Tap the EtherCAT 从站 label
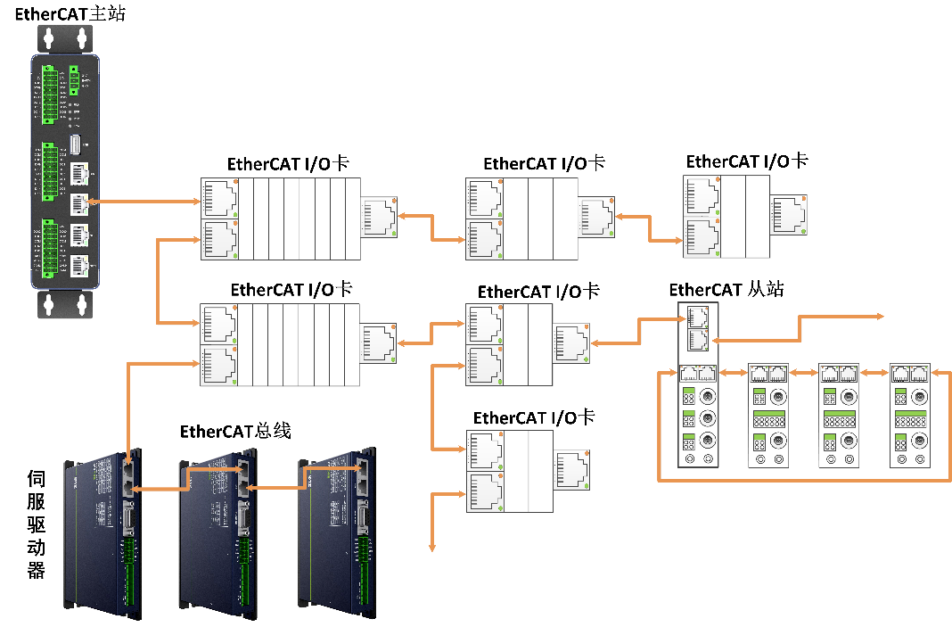(726, 290)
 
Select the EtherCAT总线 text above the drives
(235, 432)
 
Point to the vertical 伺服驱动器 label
(36, 524)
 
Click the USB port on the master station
(77, 145)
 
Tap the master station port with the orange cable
(78, 202)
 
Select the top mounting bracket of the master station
(65, 38)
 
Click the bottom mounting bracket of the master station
(65, 304)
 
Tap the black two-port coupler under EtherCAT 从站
(694, 327)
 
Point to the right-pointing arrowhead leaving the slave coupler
(879, 317)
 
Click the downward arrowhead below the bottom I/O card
(432, 546)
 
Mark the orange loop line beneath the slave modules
(802, 481)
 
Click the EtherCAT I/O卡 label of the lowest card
(533, 417)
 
